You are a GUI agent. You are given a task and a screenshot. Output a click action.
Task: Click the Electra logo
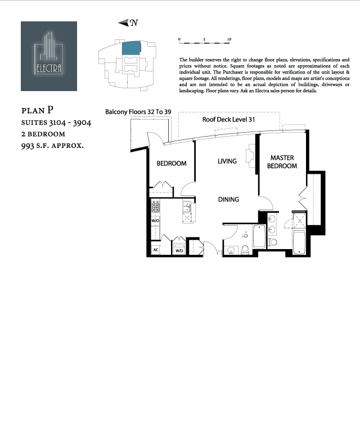pyautogui.click(x=49, y=56)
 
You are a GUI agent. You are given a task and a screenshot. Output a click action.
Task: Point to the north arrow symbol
pyautogui.click(x=128, y=22)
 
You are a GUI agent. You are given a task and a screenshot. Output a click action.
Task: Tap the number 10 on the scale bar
pyautogui.click(x=228, y=40)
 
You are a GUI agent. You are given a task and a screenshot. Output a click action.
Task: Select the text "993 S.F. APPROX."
pyautogui.click(x=52, y=146)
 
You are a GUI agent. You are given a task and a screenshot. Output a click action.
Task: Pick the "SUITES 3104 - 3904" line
pyautogui.click(x=56, y=122)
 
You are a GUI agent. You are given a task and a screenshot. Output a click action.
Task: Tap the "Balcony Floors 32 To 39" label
pyautogui.click(x=138, y=112)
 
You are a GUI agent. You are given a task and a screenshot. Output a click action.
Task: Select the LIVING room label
pyautogui.click(x=227, y=161)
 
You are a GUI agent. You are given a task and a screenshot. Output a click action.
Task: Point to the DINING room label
pyautogui.click(x=228, y=200)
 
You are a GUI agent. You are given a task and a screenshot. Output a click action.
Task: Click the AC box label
pyautogui.click(x=155, y=250)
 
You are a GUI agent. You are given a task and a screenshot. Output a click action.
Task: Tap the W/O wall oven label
pyautogui.click(x=156, y=221)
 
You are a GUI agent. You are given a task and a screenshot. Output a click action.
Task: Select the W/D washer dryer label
pyautogui.click(x=179, y=250)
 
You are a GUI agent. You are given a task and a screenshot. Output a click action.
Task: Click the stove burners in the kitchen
pyautogui.click(x=156, y=208)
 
